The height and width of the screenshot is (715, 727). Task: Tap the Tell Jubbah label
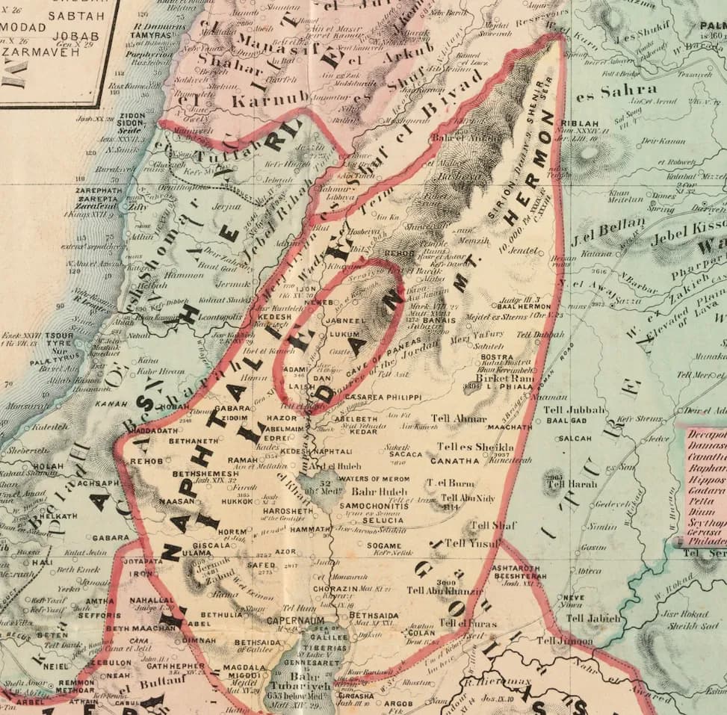point(572,410)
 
